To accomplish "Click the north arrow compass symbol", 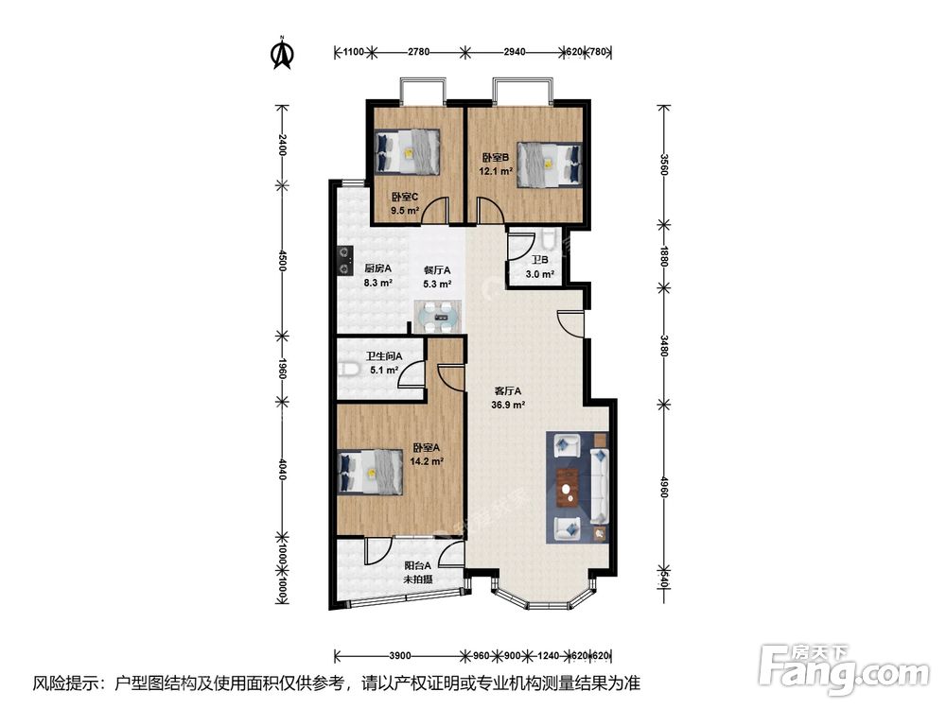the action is click(x=282, y=53).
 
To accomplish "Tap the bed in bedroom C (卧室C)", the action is click(x=407, y=151).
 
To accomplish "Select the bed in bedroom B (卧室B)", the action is click(x=550, y=164).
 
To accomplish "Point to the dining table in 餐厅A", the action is click(x=439, y=316).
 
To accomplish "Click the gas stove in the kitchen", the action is click(x=344, y=261).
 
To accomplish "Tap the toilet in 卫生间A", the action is click(x=349, y=369).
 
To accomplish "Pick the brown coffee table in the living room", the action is click(x=567, y=487).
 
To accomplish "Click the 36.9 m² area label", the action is click(x=508, y=406).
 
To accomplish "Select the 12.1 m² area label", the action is click(x=496, y=171).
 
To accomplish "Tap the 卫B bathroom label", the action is click(x=539, y=261).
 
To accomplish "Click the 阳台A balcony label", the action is click(x=417, y=565).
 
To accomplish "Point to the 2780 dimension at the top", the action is click(x=418, y=52).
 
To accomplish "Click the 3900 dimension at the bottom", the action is click(x=400, y=656).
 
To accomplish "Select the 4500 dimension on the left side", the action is click(x=281, y=260).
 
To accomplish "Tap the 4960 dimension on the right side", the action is click(x=664, y=487).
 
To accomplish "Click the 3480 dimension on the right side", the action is click(x=664, y=346).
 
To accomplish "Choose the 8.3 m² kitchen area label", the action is click(x=378, y=282).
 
